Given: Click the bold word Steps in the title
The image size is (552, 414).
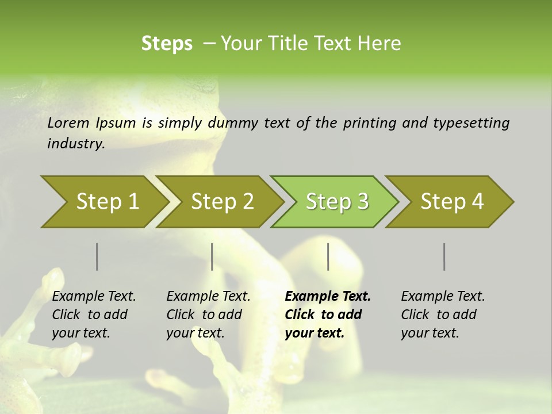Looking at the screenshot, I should pos(167,43).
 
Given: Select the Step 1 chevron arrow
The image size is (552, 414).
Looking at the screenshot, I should pos(103,202).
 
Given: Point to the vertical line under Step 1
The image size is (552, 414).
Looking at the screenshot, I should pos(97,256).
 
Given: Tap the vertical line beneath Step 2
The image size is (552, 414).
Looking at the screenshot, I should pos(212,256).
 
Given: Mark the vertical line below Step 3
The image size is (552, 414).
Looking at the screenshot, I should pos(328,256).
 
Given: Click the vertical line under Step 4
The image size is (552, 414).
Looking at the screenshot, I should pos(444,256).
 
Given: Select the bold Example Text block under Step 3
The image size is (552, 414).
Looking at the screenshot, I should pos(327,315).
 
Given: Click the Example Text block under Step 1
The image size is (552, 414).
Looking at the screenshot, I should pos(94,315).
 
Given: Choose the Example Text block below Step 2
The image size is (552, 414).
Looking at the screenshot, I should pos(208,315).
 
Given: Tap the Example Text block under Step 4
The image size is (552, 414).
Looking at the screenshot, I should pos(443,315).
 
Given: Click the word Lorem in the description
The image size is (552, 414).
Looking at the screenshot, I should pos(68,122).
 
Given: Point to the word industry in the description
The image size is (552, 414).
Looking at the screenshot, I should pos(76,144).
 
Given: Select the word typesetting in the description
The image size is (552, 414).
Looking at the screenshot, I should pos(471,123).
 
